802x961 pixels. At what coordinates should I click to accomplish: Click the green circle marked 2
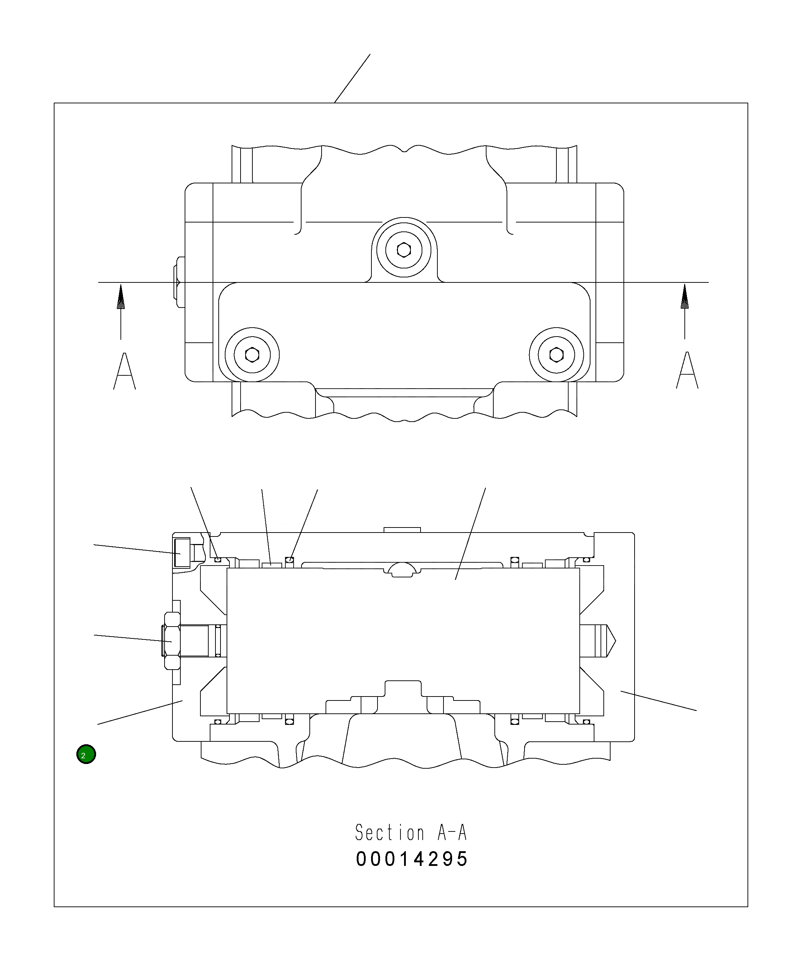click(x=86, y=755)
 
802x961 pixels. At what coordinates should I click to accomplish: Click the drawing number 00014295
click(x=412, y=859)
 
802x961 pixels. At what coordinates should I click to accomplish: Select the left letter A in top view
click(x=124, y=371)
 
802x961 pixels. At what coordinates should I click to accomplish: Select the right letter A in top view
click(x=687, y=371)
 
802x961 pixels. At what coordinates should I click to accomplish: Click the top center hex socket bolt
click(x=404, y=250)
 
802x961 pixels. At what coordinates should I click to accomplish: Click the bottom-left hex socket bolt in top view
click(x=252, y=355)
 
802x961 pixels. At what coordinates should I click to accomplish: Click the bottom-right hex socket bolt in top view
click(x=556, y=354)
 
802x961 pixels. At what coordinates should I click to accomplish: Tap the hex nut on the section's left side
click(x=171, y=641)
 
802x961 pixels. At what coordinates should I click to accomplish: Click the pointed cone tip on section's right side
click(x=611, y=641)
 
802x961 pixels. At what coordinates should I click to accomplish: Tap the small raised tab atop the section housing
click(x=402, y=530)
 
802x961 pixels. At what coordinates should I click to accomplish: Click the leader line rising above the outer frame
click(x=352, y=78)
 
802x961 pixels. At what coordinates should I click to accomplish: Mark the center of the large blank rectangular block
click(x=403, y=641)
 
